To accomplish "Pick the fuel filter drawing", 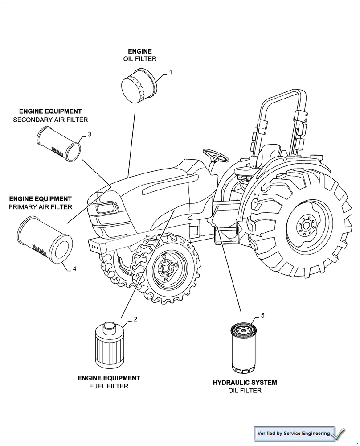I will point(109,345).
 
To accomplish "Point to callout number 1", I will point(170,72).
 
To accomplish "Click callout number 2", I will point(135,319).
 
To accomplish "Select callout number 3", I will point(90,134).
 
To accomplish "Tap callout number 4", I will point(74,268).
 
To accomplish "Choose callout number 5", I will point(262,315).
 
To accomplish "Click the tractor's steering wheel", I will point(216,156).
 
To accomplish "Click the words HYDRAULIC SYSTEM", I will point(245,383).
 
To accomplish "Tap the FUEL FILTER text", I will point(109,386).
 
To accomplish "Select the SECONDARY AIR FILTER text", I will point(50,120).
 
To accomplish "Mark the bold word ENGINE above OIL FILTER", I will point(140,51).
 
